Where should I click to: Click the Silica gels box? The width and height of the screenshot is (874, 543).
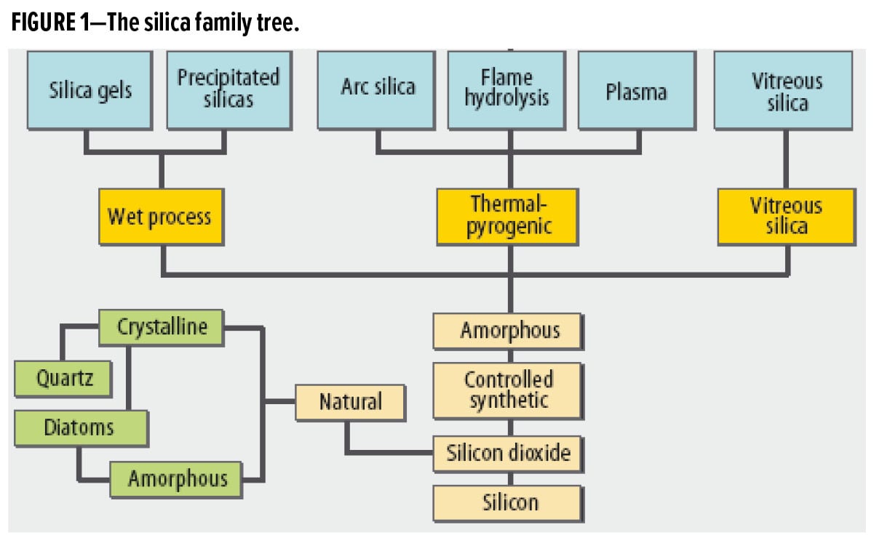91,90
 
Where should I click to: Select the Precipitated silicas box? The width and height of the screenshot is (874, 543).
229,90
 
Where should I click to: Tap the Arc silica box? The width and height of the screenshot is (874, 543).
378,90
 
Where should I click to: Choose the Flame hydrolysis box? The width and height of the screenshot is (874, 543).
508,90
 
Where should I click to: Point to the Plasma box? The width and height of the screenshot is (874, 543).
637,90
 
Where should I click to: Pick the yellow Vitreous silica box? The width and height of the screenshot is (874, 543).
786,216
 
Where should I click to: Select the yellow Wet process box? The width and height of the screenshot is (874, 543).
160,216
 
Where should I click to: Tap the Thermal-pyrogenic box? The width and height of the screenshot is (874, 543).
508,216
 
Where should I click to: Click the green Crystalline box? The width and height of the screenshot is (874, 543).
162,328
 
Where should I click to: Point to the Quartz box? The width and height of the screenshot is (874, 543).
63,378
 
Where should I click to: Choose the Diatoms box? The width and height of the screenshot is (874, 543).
80,427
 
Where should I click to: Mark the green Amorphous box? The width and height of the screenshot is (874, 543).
177,478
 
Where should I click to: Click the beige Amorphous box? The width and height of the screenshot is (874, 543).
509,331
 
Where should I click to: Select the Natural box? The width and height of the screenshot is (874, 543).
350,401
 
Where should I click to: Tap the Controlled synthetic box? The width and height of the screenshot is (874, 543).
509,390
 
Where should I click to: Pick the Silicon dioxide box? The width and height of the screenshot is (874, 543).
508,454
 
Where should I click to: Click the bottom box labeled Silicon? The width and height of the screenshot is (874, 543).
509,502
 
